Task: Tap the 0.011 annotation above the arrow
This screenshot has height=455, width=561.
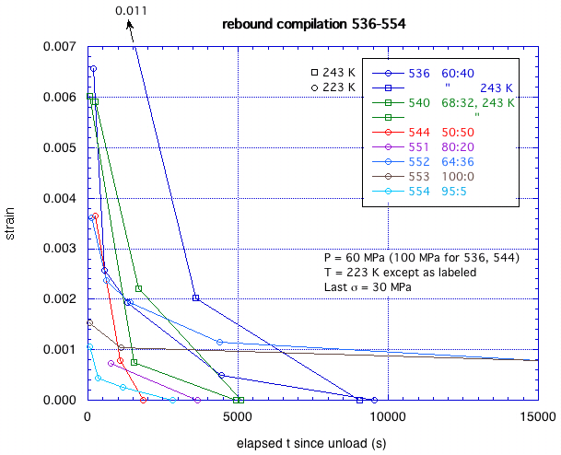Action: pyautogui.click(x=131, y=11)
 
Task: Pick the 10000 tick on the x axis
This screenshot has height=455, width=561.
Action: pyautogui.click(x=389, y=416)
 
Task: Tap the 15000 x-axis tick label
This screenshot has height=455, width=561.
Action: pyautogui.click(x=538, y=416)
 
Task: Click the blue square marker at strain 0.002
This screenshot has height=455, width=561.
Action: pyautogui.click(x=195, y=298)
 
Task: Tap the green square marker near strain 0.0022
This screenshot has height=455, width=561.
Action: pyautogui.click(x=138, y=289)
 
